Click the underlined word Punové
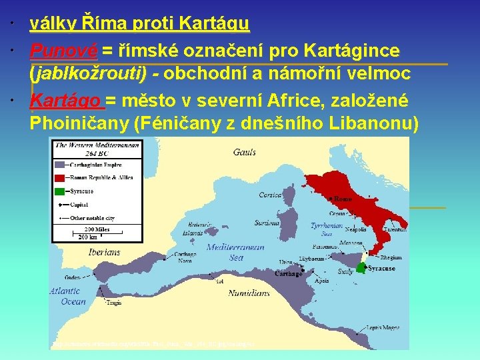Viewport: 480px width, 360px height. coord(64,50)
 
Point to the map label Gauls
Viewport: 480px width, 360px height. coord(244,152)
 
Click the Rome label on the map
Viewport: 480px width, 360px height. coord(343,199)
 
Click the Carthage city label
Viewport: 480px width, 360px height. coord(289,274)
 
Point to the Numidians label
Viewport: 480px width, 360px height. coord(249,293)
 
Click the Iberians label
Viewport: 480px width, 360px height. coord(104,252)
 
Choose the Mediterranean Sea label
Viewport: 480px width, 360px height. coord(235,251)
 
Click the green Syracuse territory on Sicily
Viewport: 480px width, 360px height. coord(361,267)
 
